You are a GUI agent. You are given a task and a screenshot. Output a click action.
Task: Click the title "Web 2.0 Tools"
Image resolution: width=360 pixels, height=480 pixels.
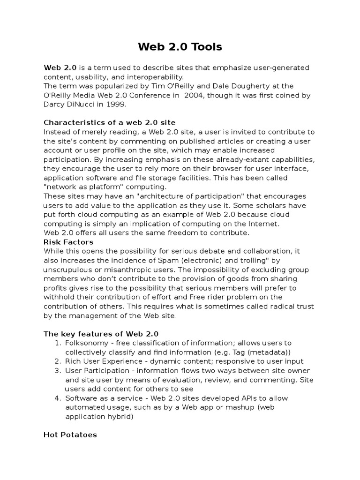click(180, 47)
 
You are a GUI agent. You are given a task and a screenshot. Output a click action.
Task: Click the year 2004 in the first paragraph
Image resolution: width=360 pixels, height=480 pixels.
click(195, 95)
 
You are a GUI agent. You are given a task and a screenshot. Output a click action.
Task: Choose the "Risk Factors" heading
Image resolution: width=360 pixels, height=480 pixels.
click(68, 242)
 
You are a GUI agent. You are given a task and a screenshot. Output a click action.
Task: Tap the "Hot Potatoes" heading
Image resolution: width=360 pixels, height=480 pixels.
click(70, 435)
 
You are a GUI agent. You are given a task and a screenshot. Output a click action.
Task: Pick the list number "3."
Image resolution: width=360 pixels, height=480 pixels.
click(58, 370)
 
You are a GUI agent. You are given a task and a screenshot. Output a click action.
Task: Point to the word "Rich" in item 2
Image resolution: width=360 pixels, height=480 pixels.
click(74, 361)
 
